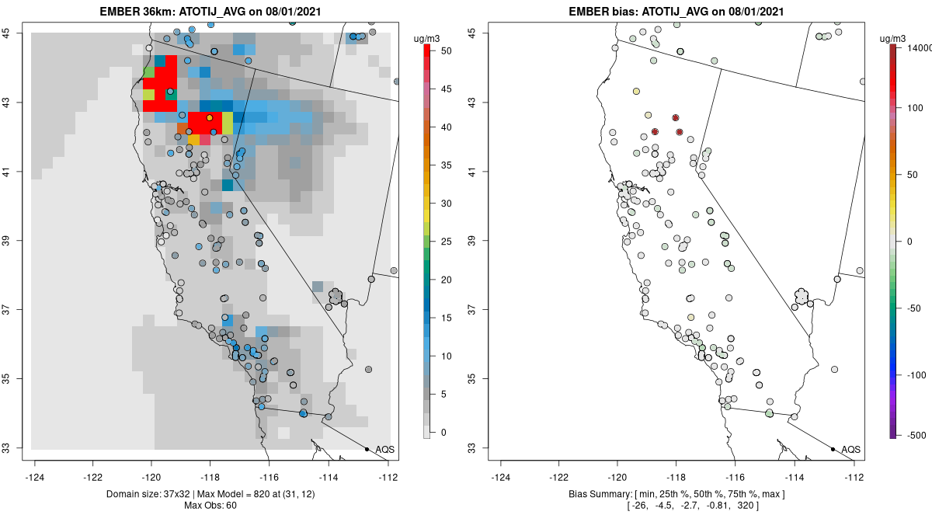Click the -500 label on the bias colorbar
pos(911,434)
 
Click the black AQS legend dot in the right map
pos(833,450)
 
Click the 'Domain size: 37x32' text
pos(139,494)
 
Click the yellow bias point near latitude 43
pos(636,92)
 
